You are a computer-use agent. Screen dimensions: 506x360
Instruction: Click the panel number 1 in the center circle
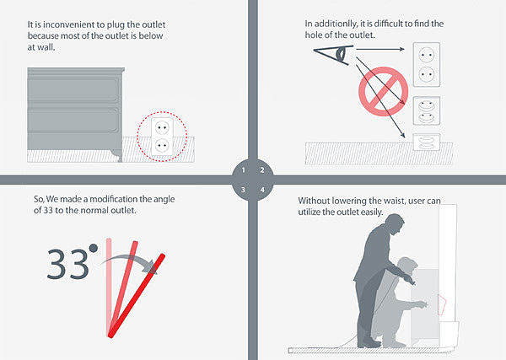click(244, 170)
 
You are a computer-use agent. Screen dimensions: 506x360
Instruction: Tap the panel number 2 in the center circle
click(262, 170)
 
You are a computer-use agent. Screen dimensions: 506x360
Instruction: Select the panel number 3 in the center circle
click(244, 190)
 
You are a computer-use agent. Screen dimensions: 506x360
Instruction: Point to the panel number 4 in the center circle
click(262, 190)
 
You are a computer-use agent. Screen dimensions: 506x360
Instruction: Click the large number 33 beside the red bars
click(67, 264)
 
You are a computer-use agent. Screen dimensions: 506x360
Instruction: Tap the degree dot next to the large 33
click(94, 248)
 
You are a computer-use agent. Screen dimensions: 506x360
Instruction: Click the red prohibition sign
click(384, 91)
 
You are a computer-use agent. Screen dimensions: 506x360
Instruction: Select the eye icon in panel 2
click(334, 54)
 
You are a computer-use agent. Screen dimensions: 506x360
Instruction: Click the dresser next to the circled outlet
click(76, 114)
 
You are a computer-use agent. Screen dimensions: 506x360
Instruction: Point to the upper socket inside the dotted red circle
click(162, 128)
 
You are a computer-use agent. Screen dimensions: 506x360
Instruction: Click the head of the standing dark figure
click(394, 224)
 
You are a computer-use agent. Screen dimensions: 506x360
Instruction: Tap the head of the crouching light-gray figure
click(407, 266)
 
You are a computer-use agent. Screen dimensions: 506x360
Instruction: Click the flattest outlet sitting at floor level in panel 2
click(427, 142)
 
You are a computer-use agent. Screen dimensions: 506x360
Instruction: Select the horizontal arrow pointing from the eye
click(380, 49)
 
